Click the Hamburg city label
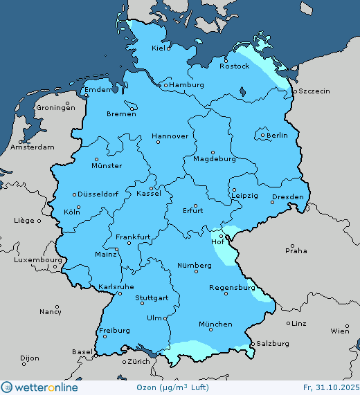point(187,85)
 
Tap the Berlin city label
point(276,136)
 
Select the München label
point(215,324)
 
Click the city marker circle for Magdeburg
point(213,152)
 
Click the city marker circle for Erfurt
point(195,205)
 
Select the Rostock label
point(234,66)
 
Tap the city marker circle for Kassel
point(151,187)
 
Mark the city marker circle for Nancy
point(57,306)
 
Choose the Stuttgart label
point(152,298)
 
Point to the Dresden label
point(287,197)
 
